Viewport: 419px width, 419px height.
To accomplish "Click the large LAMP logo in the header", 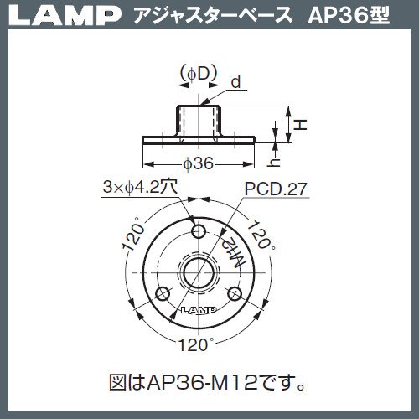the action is coord(65,16).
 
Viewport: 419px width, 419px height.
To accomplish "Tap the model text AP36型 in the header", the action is coord(348,16).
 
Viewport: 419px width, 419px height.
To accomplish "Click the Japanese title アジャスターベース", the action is coord(213,16).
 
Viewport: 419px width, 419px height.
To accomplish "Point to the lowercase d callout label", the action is coord(236,82).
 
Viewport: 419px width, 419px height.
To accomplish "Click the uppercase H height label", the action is coord(301,124).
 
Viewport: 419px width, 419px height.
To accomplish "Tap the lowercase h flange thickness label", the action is coord(274,162).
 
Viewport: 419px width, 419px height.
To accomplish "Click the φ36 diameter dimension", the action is coord(199,163).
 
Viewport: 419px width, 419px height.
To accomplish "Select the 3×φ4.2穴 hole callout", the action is coord(140,187).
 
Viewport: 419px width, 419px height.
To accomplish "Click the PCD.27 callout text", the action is coord(276,189).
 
